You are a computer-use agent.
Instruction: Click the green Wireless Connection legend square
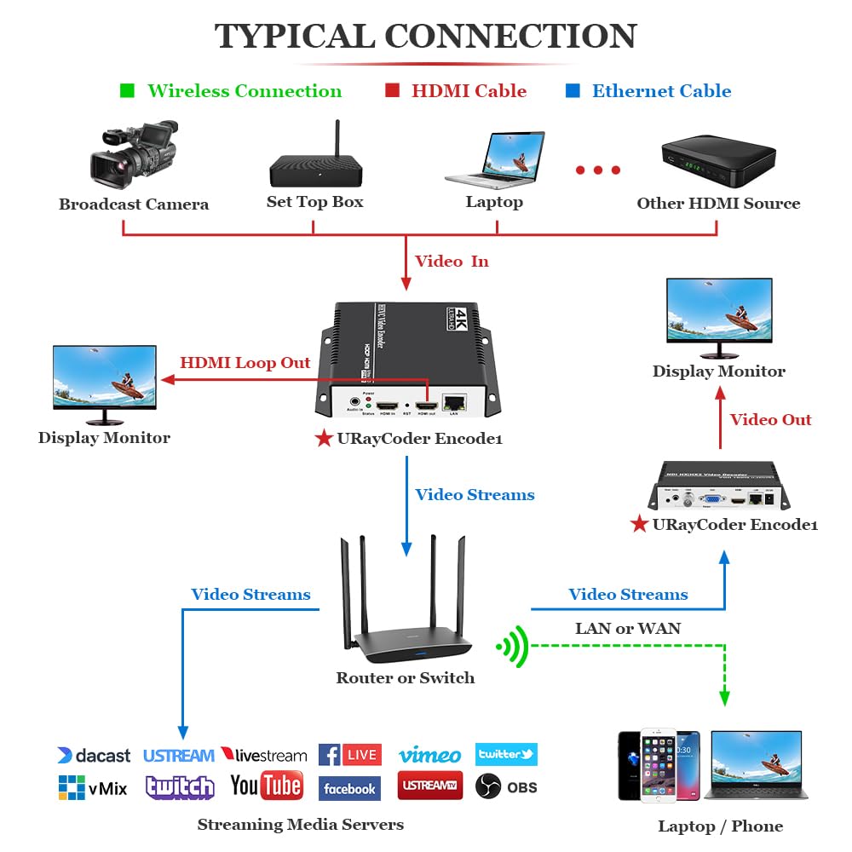pyautogui.click(x=127, y=90)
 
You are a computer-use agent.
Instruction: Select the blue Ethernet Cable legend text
pyautogui.click(x=661, y=91)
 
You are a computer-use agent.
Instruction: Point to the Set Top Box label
pyautogui.click(x=314, y=202)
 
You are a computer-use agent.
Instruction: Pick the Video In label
pyautogui.click(x=452, y=262)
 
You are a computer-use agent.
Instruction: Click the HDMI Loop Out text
pyautogui.click(x=245, y=363)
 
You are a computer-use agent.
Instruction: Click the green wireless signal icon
pyautogui.click(x=511, y=648)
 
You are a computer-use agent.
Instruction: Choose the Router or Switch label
pyautogui.click(x=405, y=678)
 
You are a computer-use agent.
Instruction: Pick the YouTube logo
pyautogui.click(x=266, y=786)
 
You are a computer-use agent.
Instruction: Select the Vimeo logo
pyautogui.click(x=429, y=755)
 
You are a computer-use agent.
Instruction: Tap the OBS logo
pyautogui.click(x=506, y=786)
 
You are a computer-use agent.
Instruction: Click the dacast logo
pyautogui.click(x=94, y=756)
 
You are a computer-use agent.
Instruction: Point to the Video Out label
pyautogui.click(x=770, y=419)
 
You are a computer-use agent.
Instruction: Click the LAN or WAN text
pyautogui.click(x=628, y=629)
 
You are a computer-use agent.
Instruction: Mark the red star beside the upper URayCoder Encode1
pyautogui.click(x=324, y=439)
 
